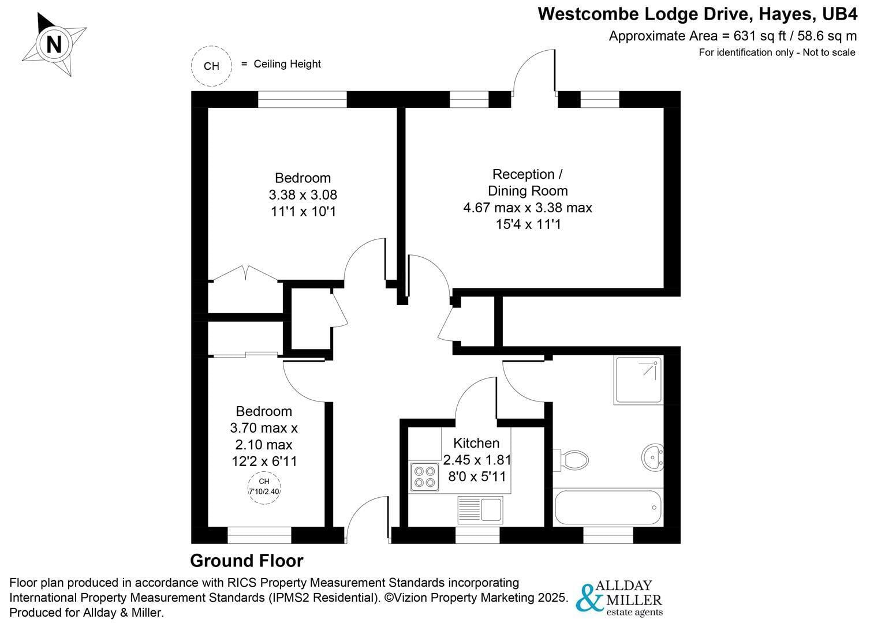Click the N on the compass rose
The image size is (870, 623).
54,44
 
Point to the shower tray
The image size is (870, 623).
638,380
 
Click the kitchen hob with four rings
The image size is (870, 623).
424,476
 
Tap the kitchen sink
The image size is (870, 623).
480,509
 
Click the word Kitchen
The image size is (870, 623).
476,443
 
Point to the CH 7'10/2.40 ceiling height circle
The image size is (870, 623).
264,487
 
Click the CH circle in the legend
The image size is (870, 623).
211,66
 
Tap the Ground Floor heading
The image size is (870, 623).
247,561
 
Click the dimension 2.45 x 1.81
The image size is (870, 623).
477,460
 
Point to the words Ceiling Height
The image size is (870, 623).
287,64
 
